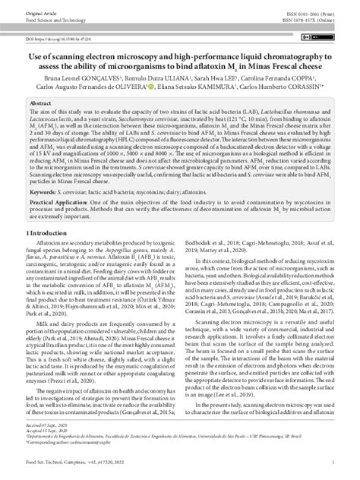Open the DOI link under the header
click(60, 36)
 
